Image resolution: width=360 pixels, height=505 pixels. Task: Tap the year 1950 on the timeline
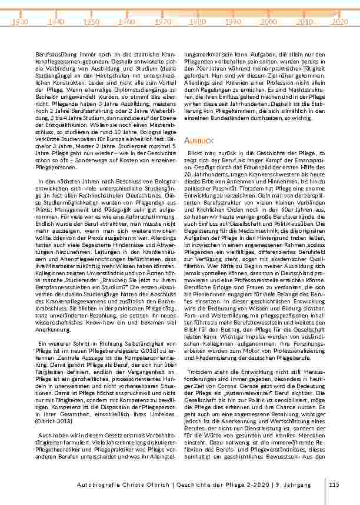91,21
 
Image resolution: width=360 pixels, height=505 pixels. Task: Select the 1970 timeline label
162,21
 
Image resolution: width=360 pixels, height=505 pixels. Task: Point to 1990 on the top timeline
233,21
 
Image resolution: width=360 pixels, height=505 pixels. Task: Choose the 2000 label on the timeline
269,21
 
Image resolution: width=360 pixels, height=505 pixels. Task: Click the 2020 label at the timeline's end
339,21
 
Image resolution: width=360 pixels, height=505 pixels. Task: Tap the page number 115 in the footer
335,484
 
